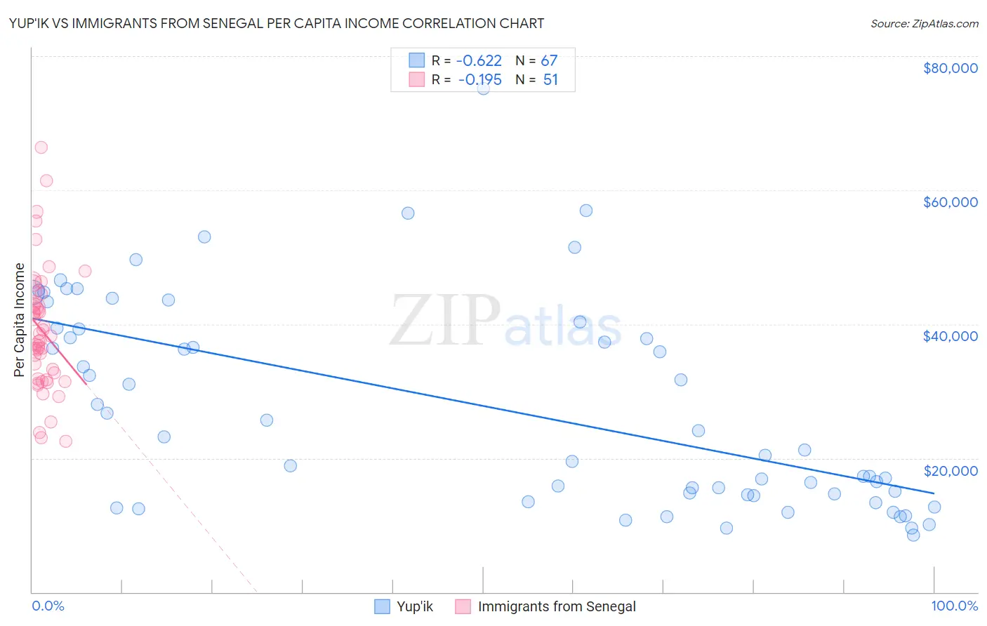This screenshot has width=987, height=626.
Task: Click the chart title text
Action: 276,23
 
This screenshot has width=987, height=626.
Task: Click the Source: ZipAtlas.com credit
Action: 924,24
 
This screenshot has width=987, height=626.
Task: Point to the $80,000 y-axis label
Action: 950,68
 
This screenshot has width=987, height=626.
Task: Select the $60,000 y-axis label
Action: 950,202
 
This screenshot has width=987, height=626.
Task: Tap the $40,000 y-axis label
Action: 950,336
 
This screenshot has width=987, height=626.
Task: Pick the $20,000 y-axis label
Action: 950,471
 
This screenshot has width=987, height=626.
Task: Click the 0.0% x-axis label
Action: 48,606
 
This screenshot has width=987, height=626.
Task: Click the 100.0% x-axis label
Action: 954,606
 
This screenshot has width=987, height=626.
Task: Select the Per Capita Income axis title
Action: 20,319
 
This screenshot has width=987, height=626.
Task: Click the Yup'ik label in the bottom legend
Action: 415,606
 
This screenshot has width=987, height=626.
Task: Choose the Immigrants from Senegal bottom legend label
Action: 557,606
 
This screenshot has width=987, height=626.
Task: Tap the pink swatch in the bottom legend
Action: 463,606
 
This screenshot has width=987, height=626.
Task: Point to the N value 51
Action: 550,80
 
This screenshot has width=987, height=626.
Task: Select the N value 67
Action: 549,61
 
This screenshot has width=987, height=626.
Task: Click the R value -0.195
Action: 481,80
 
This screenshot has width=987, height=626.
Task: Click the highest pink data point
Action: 41,147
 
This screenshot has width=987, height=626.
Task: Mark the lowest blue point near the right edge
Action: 913,535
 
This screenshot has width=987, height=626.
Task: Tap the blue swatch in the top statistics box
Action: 417,60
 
